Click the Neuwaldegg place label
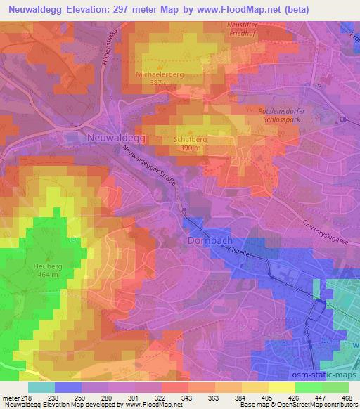[116, 138]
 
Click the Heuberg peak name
[48, 266]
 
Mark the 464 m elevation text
[48, 275]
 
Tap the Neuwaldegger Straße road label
[148, 169]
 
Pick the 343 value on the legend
[186, 397]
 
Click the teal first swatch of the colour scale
[41, 387]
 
